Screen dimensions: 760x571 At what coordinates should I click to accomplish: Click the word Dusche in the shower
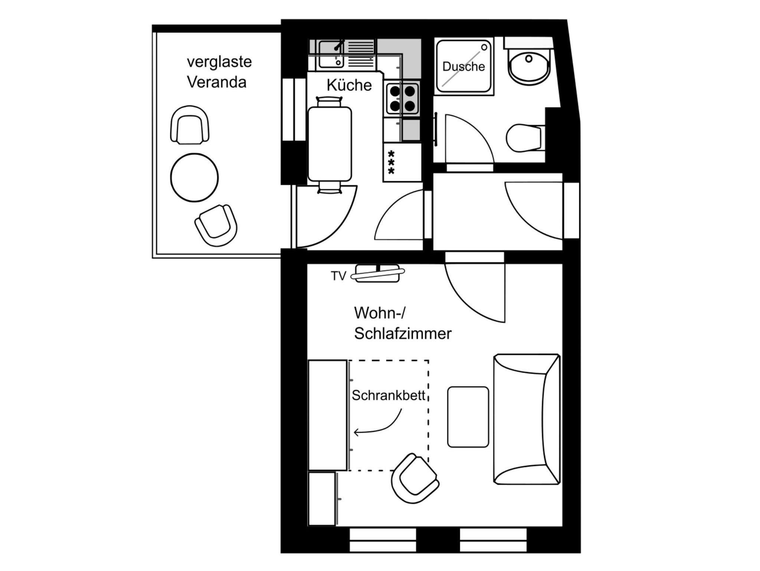coord(463,67)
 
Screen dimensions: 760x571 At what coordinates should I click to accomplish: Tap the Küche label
coord(349,85)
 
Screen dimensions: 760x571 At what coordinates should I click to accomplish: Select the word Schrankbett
coord(388,395)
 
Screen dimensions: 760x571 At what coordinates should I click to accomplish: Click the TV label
coord(338,276)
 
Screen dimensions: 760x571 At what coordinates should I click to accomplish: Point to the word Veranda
coord(217,82)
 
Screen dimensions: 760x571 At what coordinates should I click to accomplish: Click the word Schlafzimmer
coord(403,333)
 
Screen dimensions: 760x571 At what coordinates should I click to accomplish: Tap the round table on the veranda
coord(194,177)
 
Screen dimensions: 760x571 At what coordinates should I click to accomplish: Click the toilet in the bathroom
coord(525,138)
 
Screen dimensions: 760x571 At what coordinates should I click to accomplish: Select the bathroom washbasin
coord(529,67)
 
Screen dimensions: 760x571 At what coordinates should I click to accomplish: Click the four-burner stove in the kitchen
coord(402,99)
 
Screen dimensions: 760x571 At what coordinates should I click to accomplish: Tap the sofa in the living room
coord(527,419)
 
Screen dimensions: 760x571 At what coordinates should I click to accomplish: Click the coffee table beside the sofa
coord(468,417)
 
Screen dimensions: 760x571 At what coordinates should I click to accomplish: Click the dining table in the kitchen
coord(330,144)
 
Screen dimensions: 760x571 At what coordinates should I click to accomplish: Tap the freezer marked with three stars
coord(402,162)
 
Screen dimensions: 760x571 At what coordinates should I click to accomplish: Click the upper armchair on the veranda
coord(190,125)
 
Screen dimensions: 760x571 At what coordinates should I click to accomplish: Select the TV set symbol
coord(378,273)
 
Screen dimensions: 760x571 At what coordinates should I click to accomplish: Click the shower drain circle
coord(484,47)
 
